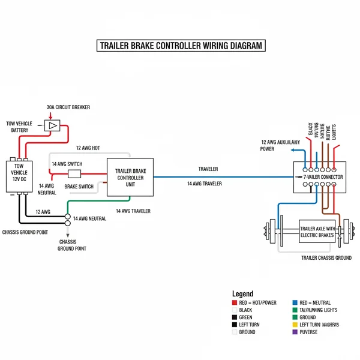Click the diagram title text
180,46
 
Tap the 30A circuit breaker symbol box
52,125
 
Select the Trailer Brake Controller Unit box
130,178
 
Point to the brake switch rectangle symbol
74,174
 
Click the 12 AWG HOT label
88,148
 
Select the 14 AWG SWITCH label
67,164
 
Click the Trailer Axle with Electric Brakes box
317,232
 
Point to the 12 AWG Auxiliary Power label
280,146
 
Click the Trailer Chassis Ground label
326,257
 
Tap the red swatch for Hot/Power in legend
234,303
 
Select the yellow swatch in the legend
295,325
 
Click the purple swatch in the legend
295,332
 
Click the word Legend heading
242,294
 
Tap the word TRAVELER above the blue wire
208,169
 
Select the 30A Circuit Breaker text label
68,107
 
